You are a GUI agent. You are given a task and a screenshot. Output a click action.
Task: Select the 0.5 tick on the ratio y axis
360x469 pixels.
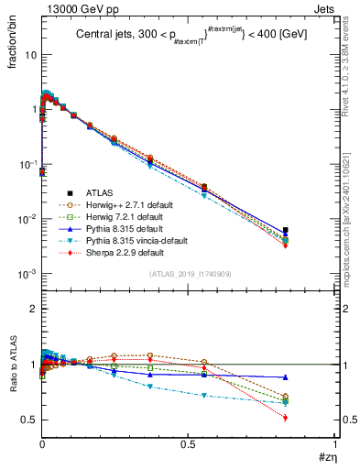[29, 420]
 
